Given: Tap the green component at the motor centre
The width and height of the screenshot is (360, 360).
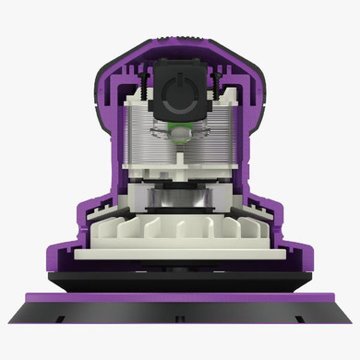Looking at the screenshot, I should [181, 128].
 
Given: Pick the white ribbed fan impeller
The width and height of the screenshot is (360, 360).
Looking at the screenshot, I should [180, 226].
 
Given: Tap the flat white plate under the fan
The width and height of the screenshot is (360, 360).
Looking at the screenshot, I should [180, 252].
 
